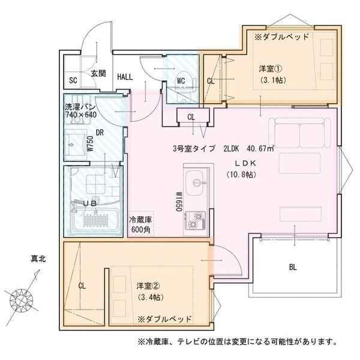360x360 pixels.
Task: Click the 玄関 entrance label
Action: click(99, 74)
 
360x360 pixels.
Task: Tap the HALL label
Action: click(125, 77)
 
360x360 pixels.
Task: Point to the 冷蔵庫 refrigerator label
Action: click(140, 220)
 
